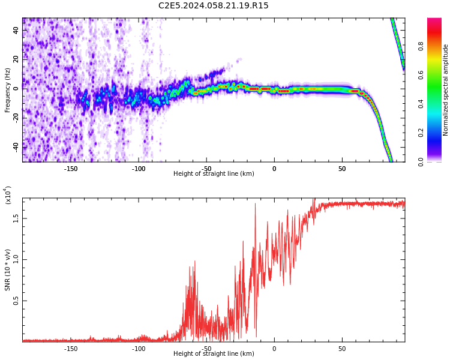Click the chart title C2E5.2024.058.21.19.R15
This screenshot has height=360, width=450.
(214, 6)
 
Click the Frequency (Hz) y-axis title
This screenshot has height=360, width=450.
(8, 90)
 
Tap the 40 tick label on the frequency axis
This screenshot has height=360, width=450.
(16, 30)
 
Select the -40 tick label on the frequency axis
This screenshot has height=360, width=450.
(14, 147)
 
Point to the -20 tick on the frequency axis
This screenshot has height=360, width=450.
(14, 118)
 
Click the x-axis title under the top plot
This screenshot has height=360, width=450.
(214, 174)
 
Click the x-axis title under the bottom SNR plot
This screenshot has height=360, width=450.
(214, 354)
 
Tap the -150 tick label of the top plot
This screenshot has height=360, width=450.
(71, 168)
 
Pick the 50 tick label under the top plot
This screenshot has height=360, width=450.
(342, 168)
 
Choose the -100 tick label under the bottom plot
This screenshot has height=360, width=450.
(139, 348)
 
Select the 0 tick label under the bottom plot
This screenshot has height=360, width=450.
(274, 348)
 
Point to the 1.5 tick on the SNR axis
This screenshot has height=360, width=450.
(16, 218)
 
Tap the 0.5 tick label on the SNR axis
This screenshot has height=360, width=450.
(16, 301)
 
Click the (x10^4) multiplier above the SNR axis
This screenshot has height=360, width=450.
(8, 195)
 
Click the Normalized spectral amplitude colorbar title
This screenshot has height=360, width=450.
(446, 90)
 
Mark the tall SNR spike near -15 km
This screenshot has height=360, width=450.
(255, 204)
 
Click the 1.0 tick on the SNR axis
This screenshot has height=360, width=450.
(16, 260)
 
